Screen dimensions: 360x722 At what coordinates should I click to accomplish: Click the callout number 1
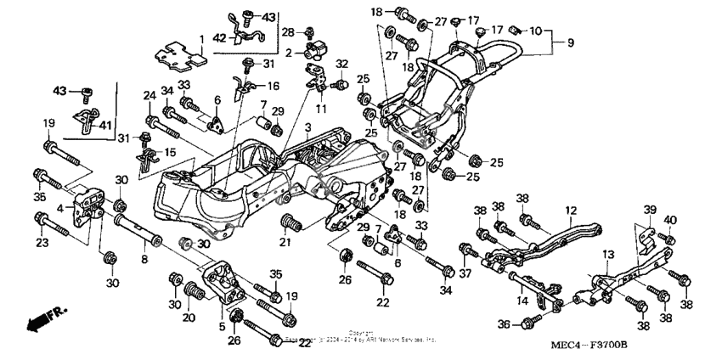point(202,38)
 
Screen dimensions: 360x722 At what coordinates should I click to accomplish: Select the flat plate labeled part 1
point(178,56)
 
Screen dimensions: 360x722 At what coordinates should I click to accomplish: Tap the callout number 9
point(570,42)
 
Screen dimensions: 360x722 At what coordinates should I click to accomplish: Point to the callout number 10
point(535,31)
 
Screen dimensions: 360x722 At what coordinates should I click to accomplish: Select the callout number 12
point(571,210)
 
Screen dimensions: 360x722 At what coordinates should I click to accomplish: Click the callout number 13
point(607,255)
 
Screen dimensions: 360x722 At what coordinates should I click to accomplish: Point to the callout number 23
point(39,244)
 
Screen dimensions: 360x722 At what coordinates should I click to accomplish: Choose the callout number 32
point(343,65)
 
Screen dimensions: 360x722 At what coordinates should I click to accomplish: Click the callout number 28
point(288,33)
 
